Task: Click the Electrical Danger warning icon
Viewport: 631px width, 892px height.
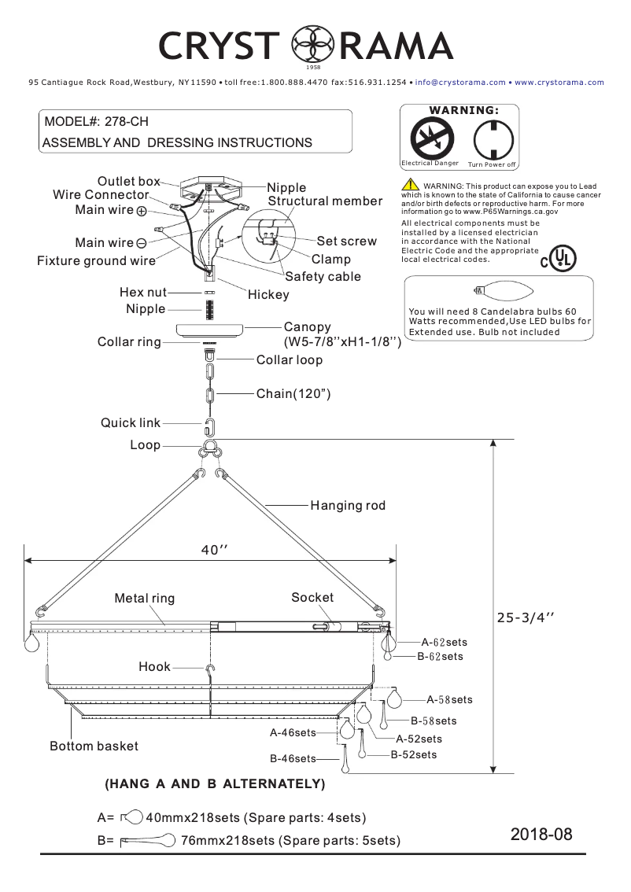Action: point(432,138)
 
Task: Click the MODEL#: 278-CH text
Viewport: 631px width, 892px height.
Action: point(96,122)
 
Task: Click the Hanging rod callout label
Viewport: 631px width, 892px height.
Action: point(348,505)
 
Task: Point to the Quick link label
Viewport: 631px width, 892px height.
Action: point(130,423)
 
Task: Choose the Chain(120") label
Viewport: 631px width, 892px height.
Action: point(293,393)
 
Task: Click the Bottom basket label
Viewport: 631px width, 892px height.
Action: point(94,746)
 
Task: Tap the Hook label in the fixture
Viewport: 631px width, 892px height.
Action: point(154,666)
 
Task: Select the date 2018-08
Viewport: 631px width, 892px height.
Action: point(541,834)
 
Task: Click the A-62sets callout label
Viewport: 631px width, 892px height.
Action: point(444,643)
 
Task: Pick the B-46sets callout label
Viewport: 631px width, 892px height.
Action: point(293,759)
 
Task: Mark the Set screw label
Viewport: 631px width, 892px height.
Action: point(346,241)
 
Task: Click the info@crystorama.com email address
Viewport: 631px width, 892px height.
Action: point(460,82)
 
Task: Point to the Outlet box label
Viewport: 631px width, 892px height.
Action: point(128,182)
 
